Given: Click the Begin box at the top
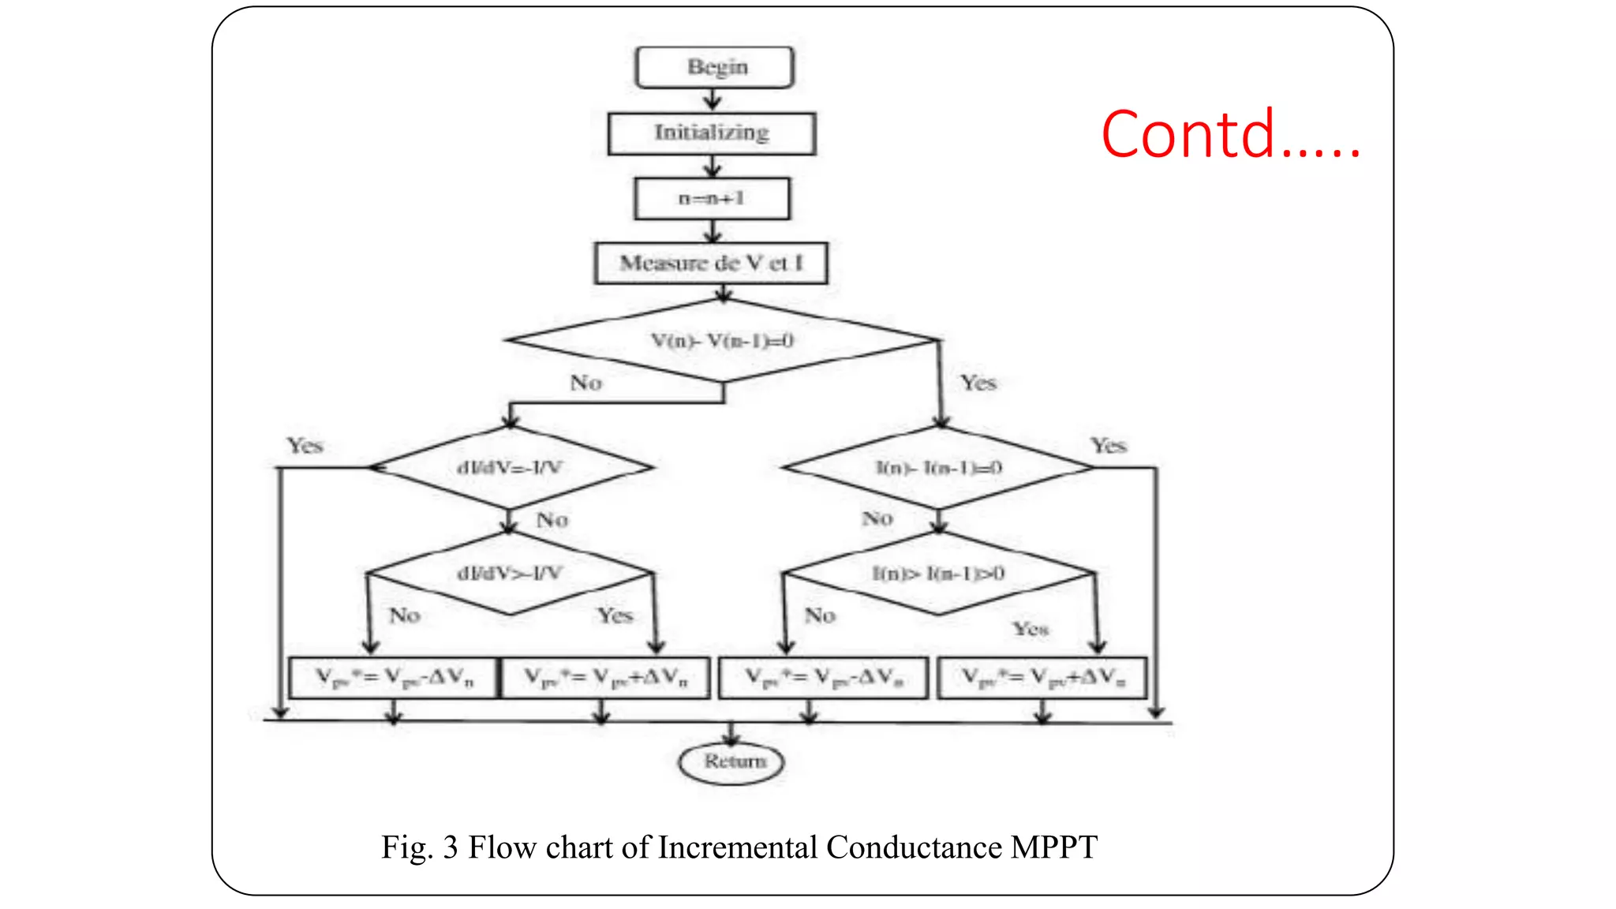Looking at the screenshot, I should click(x=714, y=67).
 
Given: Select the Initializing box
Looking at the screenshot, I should click(x=711, y=133).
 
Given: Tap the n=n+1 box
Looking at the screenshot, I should click(x=712, y=198).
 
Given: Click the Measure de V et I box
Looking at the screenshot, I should click(x=711, y=263).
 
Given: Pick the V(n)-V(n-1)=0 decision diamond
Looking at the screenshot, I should click(x=722, y=341).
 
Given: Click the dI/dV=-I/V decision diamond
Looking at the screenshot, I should click(x=511, y=468).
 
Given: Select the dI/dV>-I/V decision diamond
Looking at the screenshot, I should click(x=511, y=574).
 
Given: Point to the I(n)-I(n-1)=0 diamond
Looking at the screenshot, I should click(x=938, y=468).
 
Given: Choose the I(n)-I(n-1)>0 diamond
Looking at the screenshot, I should click(x=938, y=574).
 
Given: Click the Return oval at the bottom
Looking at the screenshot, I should click(x=732, y=762).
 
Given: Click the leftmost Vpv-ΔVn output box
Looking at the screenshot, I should click(x=394, y=678).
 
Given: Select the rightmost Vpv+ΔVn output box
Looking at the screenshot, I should click(x=1042, y=678).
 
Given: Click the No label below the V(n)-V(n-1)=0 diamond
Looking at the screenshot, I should click(x=585, y=383).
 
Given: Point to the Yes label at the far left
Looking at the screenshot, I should click(x=305, y=446).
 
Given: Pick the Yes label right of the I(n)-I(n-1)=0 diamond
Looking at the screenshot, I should click(x=1108, y=446).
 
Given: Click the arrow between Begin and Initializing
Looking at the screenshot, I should click(x=713, y=99).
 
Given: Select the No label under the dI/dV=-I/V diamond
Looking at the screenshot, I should click(x=552, y=520).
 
